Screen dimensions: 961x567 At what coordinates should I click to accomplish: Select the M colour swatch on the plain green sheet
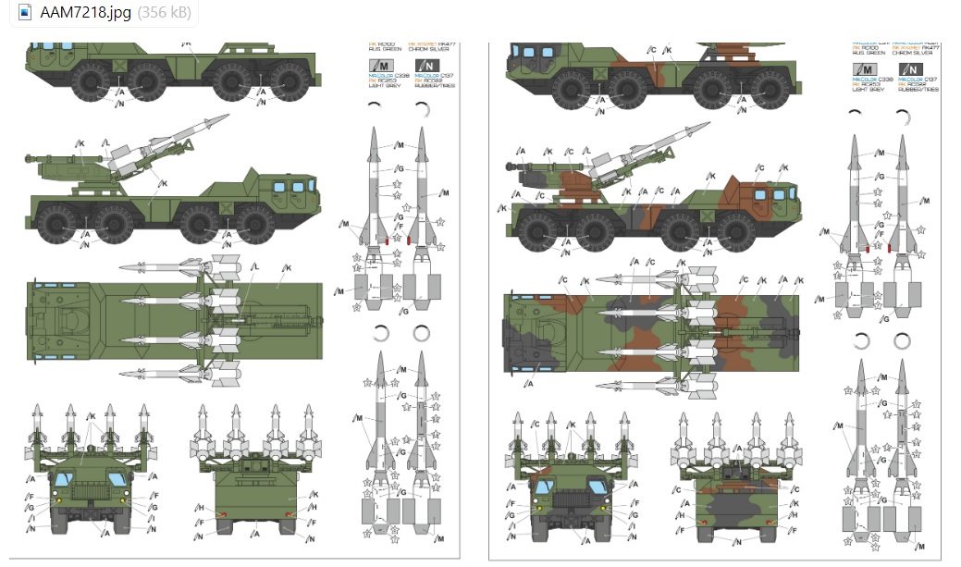379,64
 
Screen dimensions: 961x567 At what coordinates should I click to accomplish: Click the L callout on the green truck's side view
106,143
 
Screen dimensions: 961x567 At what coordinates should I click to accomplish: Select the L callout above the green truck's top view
254,267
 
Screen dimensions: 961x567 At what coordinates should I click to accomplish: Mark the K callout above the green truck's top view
288,267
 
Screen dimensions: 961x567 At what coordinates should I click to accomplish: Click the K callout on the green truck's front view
92,417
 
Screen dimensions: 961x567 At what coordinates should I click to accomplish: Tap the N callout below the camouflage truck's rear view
738,541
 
